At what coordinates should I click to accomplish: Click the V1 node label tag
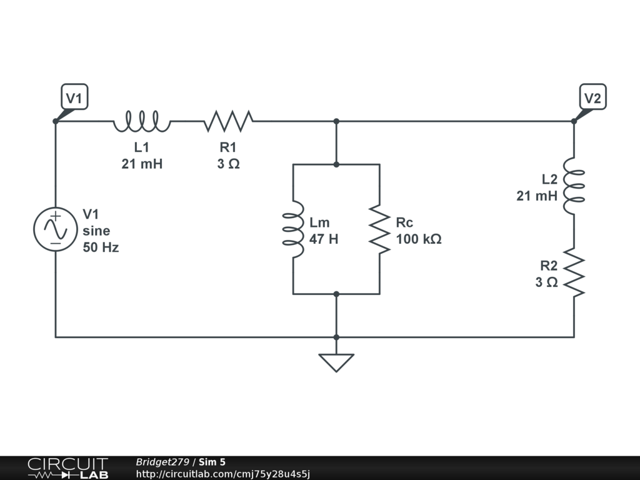74,97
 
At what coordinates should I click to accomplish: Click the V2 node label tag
592,97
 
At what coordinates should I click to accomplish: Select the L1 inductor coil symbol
142,121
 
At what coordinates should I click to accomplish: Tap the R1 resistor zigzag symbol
228,121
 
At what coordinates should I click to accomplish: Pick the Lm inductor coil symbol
293,229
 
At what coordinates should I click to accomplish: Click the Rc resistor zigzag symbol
379,229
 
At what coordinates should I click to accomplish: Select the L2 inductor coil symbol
574,186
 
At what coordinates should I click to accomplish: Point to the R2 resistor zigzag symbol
574,272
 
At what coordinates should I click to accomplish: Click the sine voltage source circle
56,229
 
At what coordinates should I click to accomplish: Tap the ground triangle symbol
336,362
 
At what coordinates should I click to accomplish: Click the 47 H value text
324,239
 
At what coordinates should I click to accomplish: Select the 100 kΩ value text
419,239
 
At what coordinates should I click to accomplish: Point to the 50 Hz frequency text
101,247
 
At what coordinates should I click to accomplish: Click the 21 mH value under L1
142,164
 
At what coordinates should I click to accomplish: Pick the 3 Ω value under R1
228,164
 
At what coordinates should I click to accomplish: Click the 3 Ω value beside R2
546,282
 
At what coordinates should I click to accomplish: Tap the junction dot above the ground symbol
336,337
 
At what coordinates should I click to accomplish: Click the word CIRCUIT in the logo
67,464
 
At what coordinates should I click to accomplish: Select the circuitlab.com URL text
223,474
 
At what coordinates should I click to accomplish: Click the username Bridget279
162,462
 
